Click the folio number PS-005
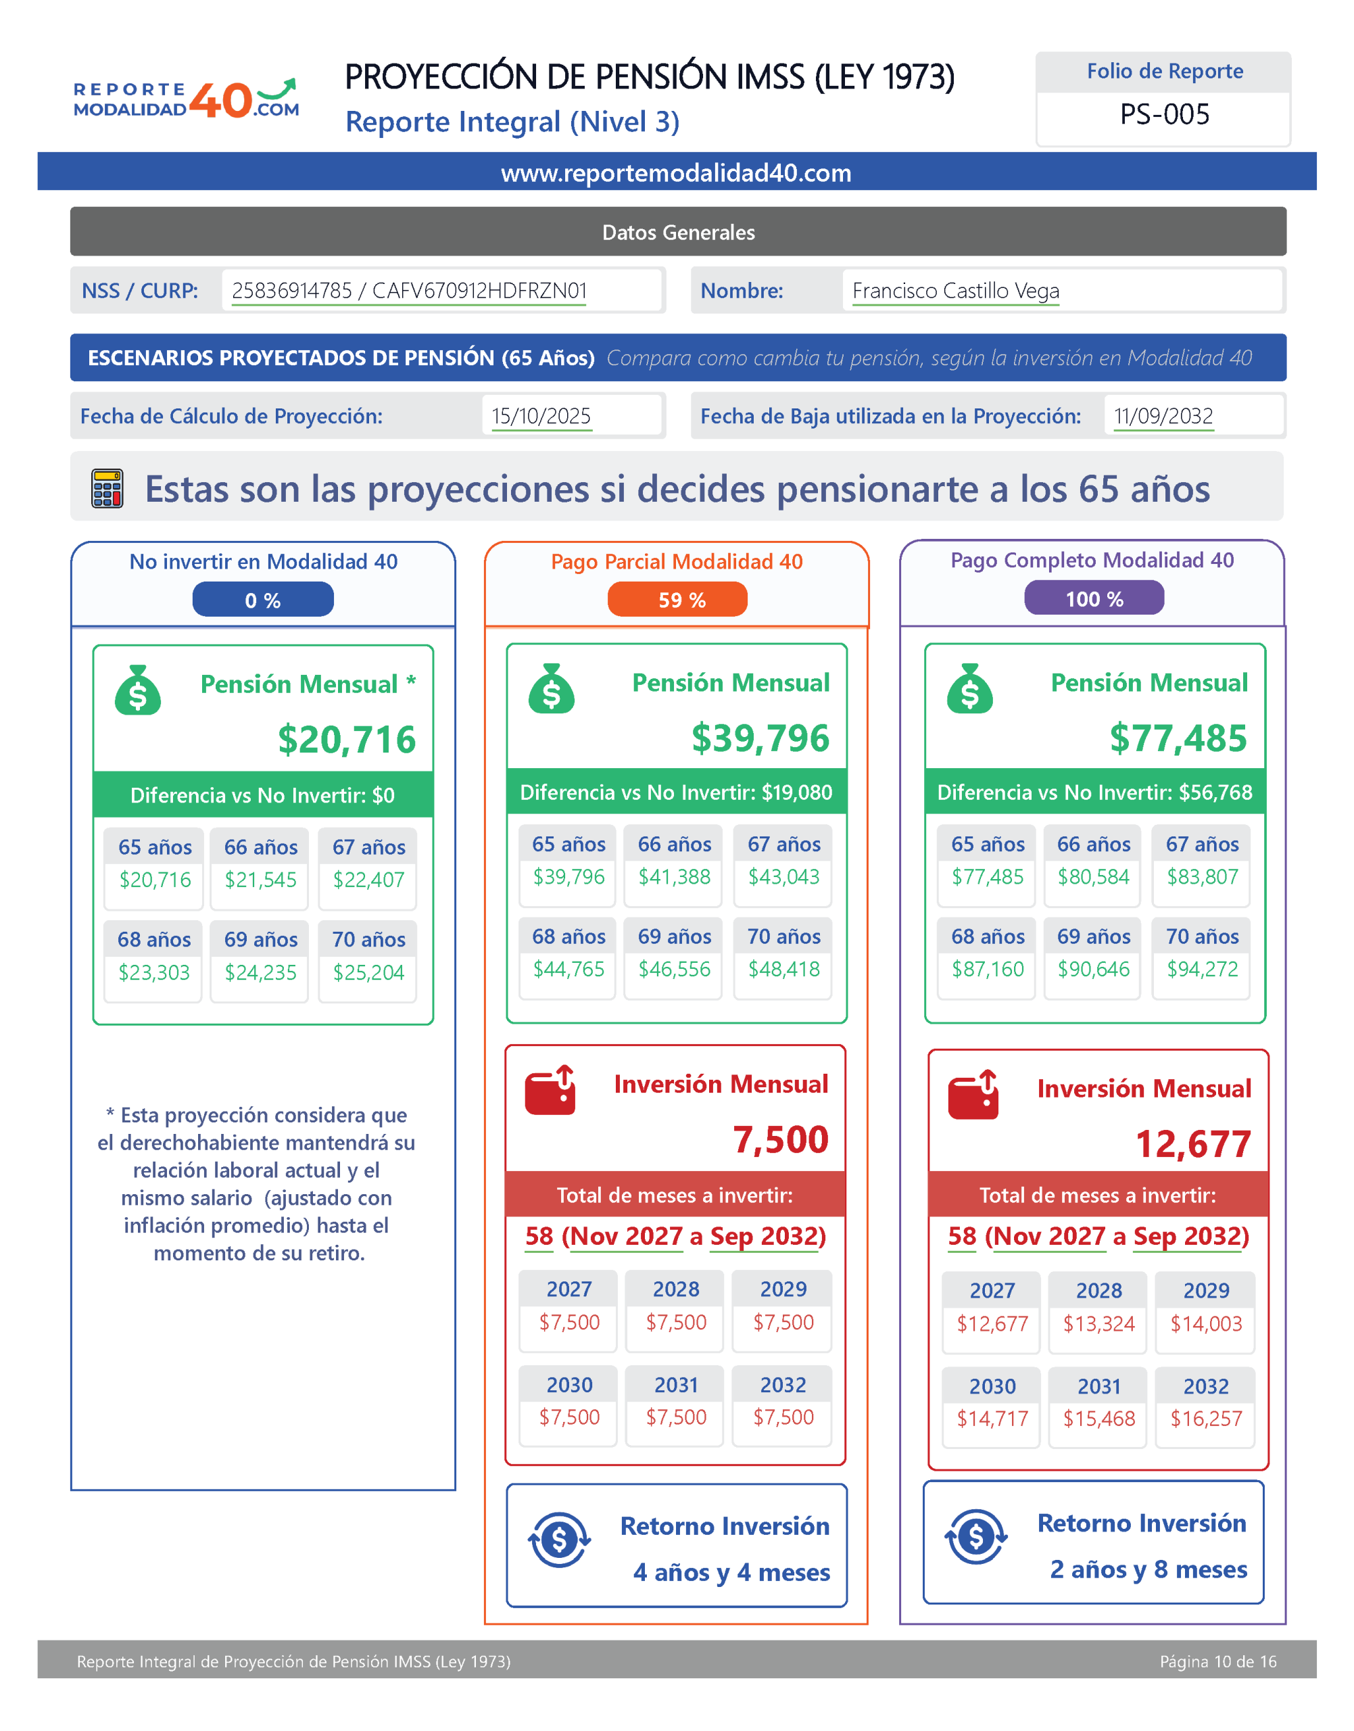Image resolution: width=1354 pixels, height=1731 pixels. (x=1164, y=115)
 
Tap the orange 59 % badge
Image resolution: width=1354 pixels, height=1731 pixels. (x=678, y=600)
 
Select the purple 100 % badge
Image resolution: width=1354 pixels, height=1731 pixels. (x=1094, y=598)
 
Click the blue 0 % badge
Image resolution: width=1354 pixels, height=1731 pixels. (x=262, y=600)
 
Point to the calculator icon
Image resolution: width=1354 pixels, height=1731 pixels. (x=107, y=488)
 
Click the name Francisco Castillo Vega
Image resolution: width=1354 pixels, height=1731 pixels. (x=955, y=291)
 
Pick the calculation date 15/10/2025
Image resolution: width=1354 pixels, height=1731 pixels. (x=541, y=417)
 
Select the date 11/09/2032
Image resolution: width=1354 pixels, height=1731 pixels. (x=1163, y=417)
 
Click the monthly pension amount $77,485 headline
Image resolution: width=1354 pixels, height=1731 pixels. (x=1178, y=738)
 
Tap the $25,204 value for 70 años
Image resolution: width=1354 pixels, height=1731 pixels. (x=368, y=972)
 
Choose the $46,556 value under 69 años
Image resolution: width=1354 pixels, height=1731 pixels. (x=675, y=969)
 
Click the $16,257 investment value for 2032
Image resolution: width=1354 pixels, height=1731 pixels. (x=1206, y=1419)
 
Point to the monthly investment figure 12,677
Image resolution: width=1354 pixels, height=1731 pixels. (x=1193, y=1144)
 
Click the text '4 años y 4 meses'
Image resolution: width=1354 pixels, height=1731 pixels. (x=731, y=1572)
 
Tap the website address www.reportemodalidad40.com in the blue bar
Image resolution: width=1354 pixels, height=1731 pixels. (x=676, y=173)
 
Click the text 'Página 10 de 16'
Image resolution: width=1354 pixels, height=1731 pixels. (x=1217, y=1661)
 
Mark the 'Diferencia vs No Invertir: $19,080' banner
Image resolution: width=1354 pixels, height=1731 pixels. (x=676, y=792)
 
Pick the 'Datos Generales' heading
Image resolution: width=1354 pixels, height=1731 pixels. (x=678, y=233)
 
